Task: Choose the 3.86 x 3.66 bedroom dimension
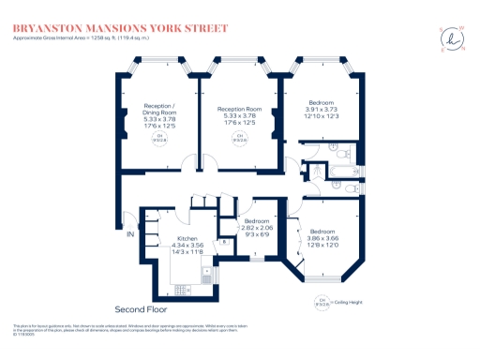[323, 239]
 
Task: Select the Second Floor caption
[140, 309]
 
